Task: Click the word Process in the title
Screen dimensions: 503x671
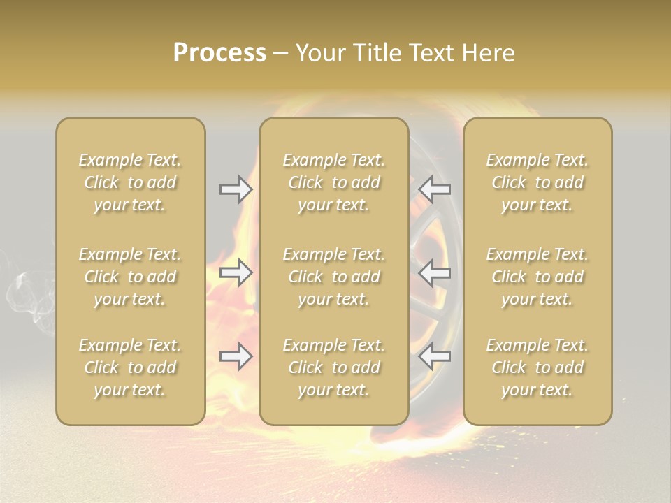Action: pos(219,53)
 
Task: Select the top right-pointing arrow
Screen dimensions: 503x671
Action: pos(236,189)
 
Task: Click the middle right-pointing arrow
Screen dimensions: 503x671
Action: pos(236,272)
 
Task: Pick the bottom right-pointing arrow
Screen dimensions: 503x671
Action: pos(236,356)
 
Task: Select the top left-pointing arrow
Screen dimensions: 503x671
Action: pos(434,189)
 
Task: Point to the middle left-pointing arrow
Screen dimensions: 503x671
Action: pos(434,272)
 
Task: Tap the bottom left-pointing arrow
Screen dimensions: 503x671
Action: pos(434,356)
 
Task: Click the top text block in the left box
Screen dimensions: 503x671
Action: pos(130,182)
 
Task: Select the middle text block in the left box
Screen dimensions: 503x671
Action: pos(130,277)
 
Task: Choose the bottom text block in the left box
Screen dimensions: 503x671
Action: pos(130,367)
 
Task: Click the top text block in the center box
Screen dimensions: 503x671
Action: pos(333,182)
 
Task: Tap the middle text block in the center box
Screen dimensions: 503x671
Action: pos(333,277)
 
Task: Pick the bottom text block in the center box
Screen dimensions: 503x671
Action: pos(333,367)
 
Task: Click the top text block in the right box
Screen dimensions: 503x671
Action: pos(537,182)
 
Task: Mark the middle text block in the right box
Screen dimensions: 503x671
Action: pos(537,277)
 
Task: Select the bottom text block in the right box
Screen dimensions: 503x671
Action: pos(537,367)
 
